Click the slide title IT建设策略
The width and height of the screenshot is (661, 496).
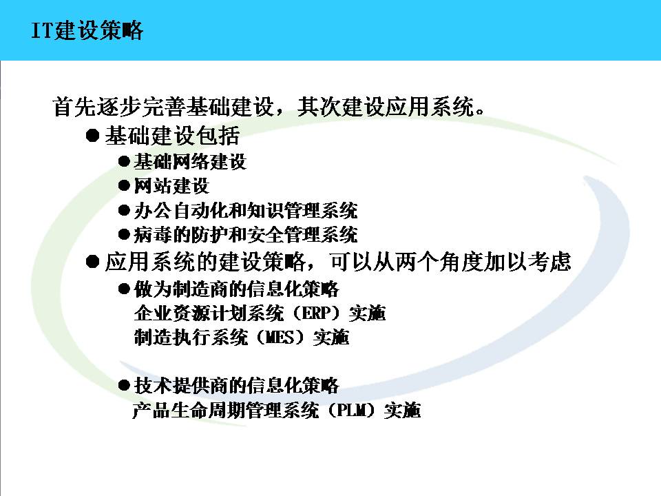point(87,30)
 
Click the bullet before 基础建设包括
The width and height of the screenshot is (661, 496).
point(92,136)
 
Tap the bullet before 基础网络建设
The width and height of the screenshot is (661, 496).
point(124,161)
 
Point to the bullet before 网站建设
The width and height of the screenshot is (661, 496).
point(124,186)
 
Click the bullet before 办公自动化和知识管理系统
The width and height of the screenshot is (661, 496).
point(124,211)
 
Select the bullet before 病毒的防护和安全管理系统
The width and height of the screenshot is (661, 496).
point(124,234)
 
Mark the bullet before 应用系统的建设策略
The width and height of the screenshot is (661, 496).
point(92,262)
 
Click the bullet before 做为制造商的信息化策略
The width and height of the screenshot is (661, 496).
point(124,289)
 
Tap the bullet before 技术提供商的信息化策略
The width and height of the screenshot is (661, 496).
point(124,386)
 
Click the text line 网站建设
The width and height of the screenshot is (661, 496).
point(171,186)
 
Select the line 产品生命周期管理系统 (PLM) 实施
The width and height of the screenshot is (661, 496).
point(277,410)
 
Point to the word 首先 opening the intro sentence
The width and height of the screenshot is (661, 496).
point(74,106)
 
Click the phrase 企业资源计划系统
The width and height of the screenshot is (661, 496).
point(209,313)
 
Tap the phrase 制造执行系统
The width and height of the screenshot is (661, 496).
point(191,338)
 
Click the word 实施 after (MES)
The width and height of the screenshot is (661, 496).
point(331,338)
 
